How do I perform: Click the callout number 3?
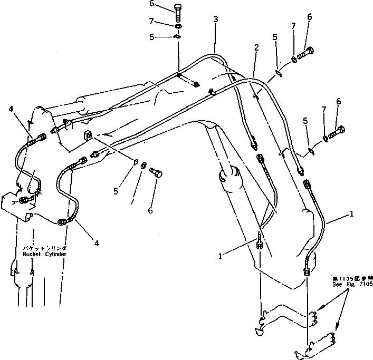(x=215, y=20)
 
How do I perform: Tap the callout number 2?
(x=256, y=47)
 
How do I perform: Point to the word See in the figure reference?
(x=338, y=284)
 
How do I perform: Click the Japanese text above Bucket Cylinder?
(x=44, y=247)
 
